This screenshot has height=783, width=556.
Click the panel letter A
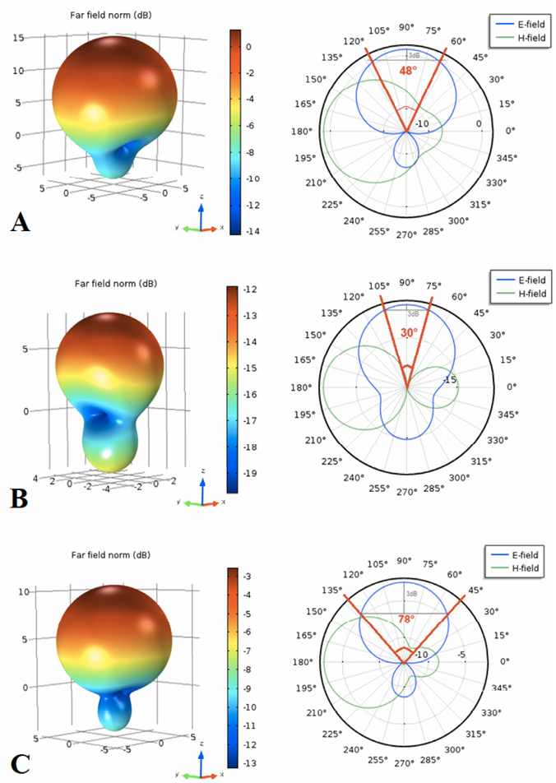[x=21, y=221]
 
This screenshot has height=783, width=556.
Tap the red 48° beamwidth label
[x=407, y=72]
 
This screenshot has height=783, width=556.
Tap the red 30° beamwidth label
[x=408, y=333]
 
